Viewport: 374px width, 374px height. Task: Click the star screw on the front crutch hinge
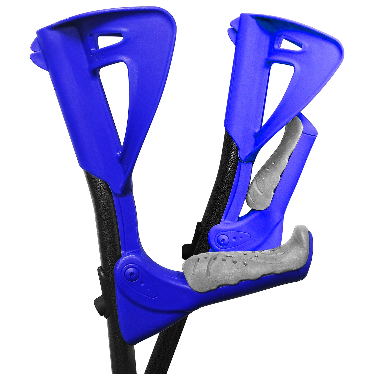tap(131, 273)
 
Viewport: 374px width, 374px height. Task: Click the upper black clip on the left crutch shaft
tap(101, 276)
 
